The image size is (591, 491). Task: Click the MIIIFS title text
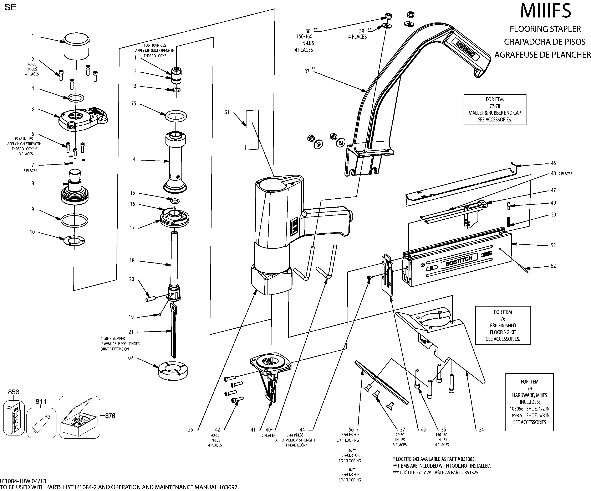click(x=545, y=11)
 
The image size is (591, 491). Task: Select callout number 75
click(x=133, y=104)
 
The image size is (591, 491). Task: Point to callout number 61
click(x=227, y=113)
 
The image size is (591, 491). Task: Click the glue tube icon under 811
click(x=41, y=423)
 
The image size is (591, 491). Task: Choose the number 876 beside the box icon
click(x=110, y=416)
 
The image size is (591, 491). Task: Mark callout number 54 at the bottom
click(x=482, y=429)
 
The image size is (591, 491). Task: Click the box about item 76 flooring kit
click(x=503, y=325)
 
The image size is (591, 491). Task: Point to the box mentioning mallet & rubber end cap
click(x=495, y=109)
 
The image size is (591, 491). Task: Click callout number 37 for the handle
click(x=307, y=71)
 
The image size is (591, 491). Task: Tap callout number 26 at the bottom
click(x=190, y=430)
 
